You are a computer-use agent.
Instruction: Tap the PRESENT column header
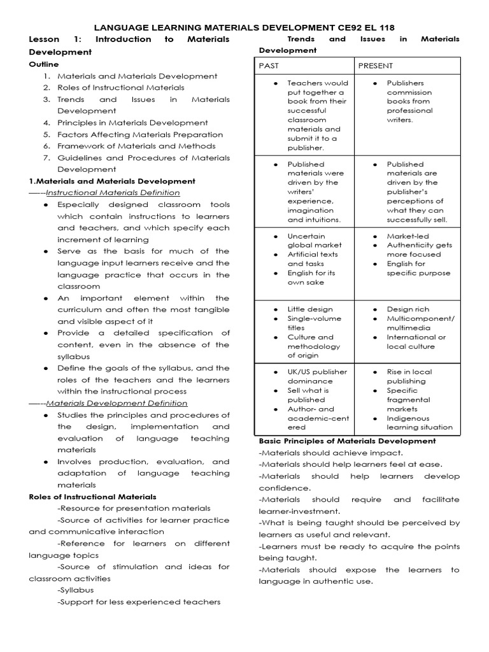pos(376,66)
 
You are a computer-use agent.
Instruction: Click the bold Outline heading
pos(44,64)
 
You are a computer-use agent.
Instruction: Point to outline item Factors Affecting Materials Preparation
pos(140,134)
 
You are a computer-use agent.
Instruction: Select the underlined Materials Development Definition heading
pos(117,403)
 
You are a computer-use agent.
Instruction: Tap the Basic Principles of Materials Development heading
pos(347,441)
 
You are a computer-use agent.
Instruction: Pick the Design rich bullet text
pos(408,309)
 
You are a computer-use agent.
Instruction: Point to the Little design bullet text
pos(310,309)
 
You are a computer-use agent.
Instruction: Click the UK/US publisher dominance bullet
pos(317,376)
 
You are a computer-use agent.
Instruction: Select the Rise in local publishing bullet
pos(409,376)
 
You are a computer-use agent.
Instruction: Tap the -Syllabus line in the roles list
pos(75,590)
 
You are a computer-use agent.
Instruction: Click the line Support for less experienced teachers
pos(139,602)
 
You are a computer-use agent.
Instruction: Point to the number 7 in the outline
pos(46,158)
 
